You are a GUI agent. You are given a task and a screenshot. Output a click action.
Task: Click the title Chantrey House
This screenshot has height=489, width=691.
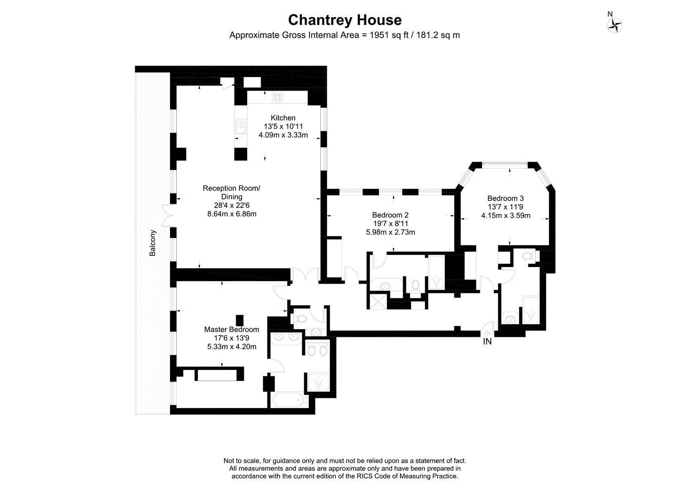click(345, 20)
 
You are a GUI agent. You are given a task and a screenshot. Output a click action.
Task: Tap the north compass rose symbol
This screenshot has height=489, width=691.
click(615, 25)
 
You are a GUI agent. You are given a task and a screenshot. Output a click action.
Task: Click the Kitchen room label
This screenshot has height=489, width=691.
click(283, 118)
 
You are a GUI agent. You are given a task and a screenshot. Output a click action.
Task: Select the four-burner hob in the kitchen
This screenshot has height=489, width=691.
click(277, 97)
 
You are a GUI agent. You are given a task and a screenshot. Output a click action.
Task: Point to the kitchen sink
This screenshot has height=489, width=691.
click(241, 127)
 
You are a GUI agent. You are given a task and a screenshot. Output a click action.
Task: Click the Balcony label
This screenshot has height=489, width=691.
click(152, 243)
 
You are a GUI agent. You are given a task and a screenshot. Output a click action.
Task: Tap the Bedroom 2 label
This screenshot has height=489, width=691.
click(390, 215)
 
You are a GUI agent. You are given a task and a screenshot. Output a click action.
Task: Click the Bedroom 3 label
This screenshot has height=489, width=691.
click(505, 198)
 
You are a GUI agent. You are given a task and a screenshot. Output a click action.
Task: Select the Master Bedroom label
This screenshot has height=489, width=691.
click(232, 330)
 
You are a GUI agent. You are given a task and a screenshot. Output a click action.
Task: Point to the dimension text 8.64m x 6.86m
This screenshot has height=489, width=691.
click(232, 214)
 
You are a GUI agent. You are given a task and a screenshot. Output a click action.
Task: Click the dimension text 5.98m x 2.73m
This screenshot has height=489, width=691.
click(390, 232)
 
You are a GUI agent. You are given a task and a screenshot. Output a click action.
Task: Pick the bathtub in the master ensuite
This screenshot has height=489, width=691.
click(289, 400)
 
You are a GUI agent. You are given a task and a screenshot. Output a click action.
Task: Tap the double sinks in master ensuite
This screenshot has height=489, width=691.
click(286, 337)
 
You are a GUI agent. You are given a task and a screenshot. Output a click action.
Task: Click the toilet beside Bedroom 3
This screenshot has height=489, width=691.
click(530, 256)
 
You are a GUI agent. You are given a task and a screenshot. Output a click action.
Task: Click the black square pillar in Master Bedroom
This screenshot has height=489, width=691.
click(240, 320)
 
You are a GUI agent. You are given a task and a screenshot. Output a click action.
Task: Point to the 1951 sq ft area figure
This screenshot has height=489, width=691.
click(389, 35)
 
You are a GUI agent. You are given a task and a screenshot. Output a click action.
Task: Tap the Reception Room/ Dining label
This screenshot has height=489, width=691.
click(232, 192)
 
